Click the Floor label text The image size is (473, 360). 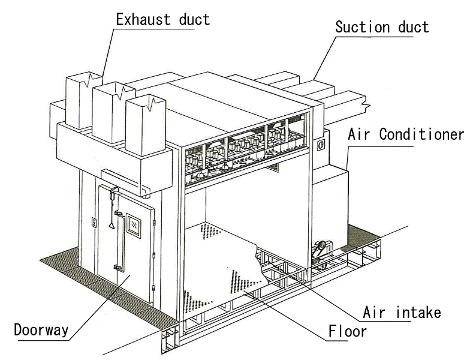coord(347,331)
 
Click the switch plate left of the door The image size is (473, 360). coord(94,223)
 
